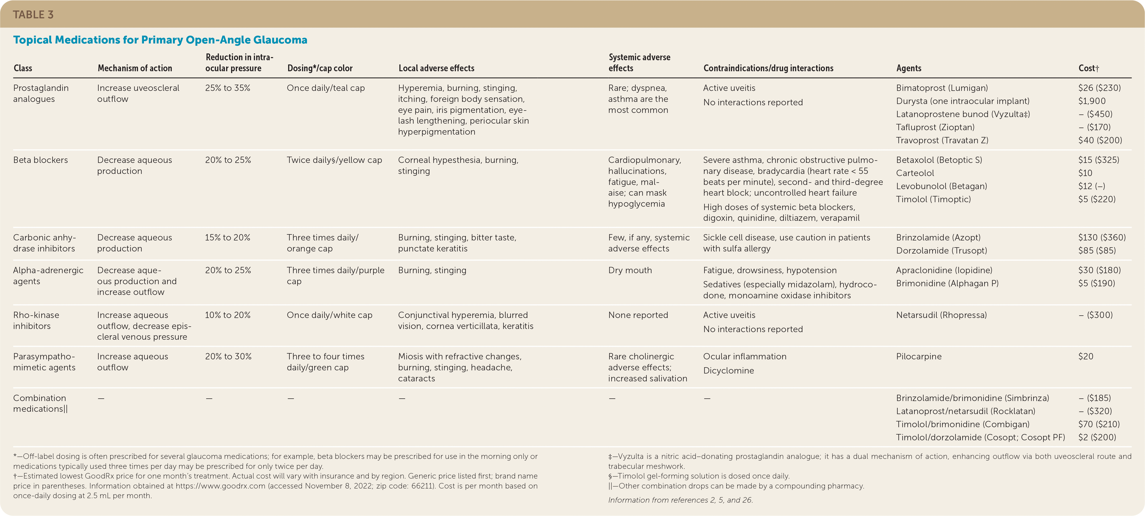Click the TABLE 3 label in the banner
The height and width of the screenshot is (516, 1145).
[x=33, y=15]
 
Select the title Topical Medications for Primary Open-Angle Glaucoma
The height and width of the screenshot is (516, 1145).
[x=160, y=40]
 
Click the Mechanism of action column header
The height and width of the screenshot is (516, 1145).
[x=135, y=68]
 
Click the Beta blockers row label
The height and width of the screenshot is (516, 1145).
[x=41, y=160]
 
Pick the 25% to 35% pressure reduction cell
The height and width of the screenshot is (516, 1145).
[x=228, y=88]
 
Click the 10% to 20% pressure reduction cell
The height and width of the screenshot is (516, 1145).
[x=228, y=315]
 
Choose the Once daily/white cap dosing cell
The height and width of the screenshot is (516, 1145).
[x=329, y=315]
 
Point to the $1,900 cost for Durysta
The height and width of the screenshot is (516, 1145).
[x=1092, y=101]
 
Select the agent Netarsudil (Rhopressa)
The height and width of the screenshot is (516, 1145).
[x=941, y=315]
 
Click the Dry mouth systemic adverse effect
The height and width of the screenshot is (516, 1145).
[x=630, y=271]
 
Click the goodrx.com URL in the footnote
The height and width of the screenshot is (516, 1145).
[x=220, y=486]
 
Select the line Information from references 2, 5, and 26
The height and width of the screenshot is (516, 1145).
[x=680, y=500]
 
